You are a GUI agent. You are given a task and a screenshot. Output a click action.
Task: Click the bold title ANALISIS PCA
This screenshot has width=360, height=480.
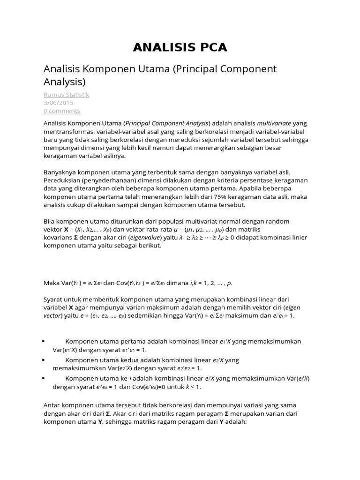[x=180, y=47]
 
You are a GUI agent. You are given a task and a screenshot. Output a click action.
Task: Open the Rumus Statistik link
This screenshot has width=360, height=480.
[x=66, y=95]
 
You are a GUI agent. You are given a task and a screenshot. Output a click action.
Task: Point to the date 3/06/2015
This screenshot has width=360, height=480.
[x=58, y=103]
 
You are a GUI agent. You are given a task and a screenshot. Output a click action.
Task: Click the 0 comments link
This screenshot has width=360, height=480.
[x=61, y=111]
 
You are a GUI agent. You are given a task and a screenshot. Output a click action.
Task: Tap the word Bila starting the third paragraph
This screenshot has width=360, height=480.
[x=50, y=221]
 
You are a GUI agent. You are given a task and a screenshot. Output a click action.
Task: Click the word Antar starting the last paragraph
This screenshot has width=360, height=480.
[x=52, y=405]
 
